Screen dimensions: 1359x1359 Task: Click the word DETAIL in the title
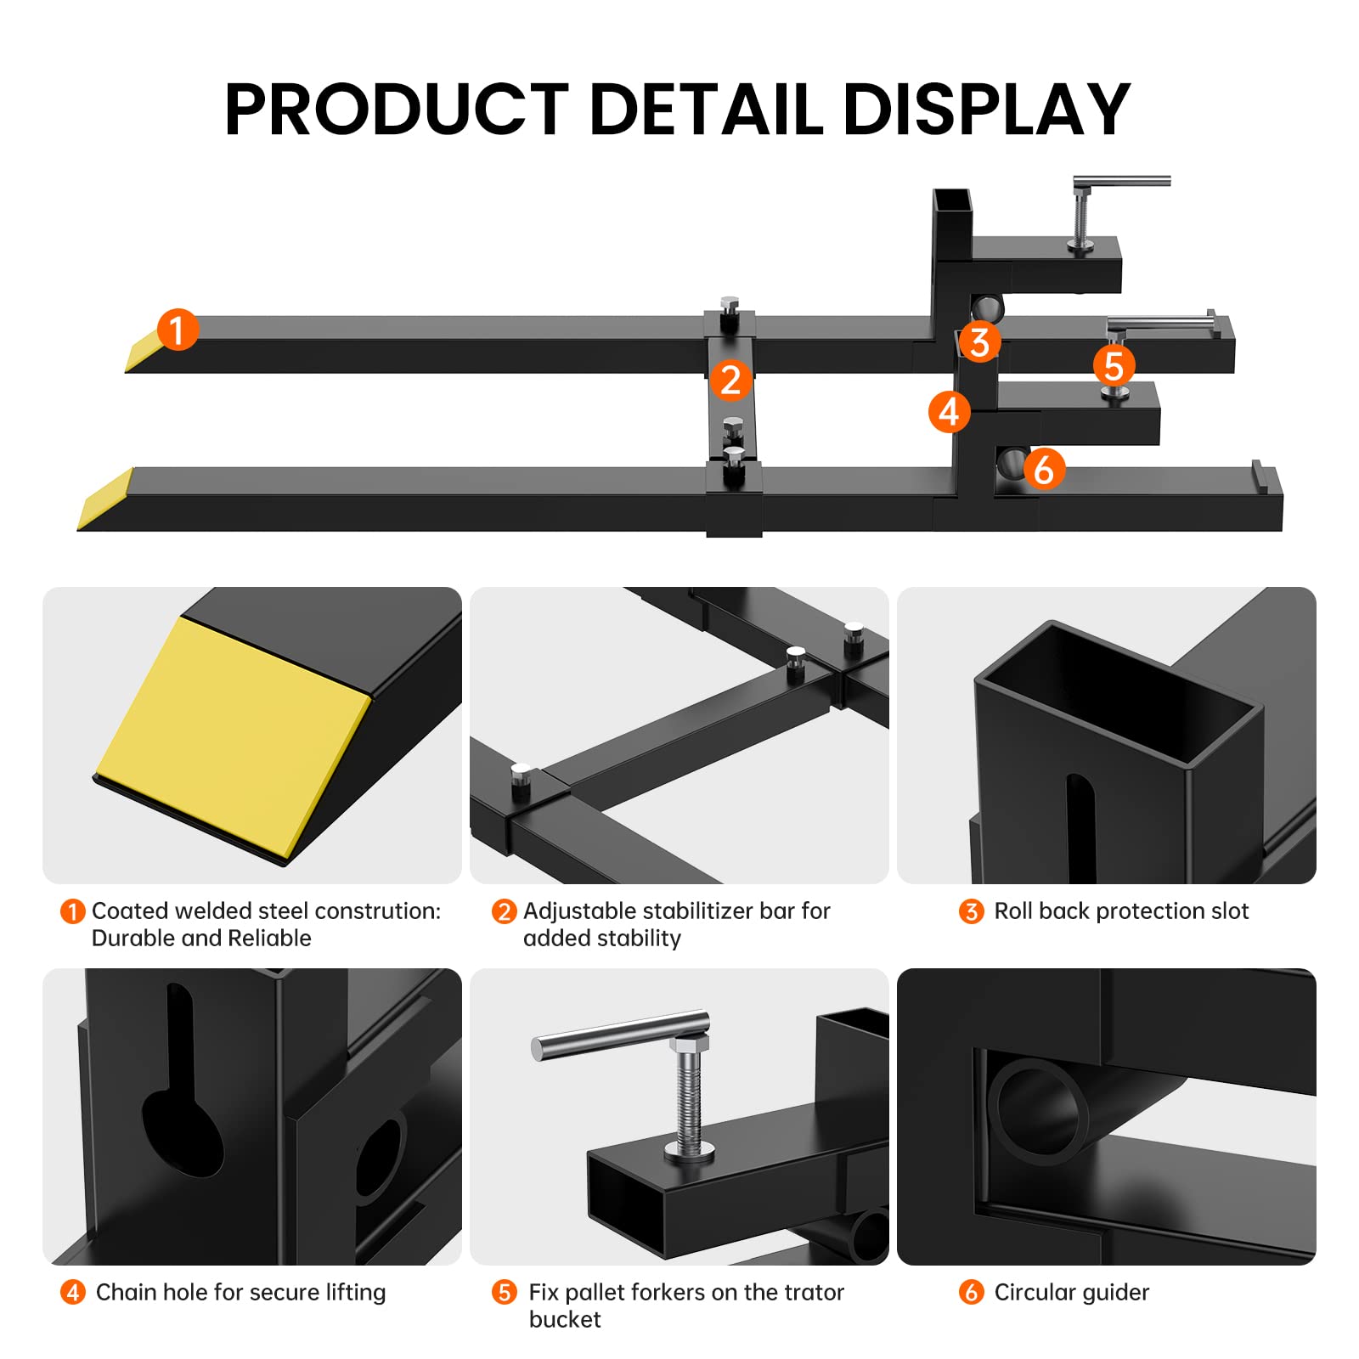tap(705, 110)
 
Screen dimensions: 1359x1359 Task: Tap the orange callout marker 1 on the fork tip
tap(178, 330)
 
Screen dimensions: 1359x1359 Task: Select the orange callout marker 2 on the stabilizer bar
tap(730, 380)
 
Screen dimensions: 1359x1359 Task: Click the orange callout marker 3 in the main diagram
tap(979, 342)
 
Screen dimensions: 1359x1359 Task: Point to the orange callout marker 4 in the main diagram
tap(949, 412)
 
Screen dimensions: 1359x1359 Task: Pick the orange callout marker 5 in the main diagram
tap(1114, 366)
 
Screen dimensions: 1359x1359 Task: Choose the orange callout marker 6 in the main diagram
tap(1044, 469)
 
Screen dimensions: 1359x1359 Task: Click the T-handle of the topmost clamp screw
tap(1121, 181)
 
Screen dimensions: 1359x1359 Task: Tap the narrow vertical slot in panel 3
tap(1080, 828)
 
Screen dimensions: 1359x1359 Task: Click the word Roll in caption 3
tap(1013, 911)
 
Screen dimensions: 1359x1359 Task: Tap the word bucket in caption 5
tap(564, 1319)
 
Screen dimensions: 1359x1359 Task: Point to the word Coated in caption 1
tap(128, 911)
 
